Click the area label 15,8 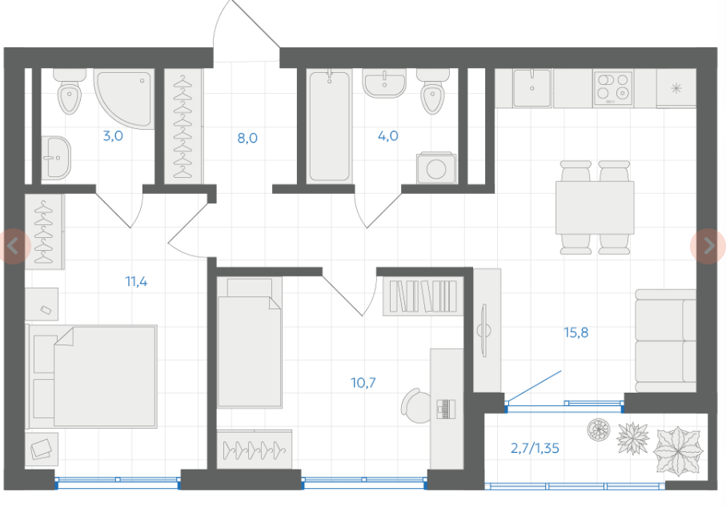click(576, 333)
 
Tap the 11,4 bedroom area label click(137, 281)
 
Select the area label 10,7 click(363, 383)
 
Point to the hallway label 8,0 click(247, 138)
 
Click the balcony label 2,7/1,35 click(535, 448)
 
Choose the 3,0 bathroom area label click(113, 135)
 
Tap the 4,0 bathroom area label click(388, 135)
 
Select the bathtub click(330, 125)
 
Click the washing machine click(436, 167)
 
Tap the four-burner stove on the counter click(613, 88)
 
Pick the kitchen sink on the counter click(532, 87)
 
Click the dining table click(595, 208)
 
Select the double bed click(93, 377)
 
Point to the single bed click(250, 342)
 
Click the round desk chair click(416, 406)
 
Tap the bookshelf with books click(423, 296)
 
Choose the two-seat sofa click(665, 341)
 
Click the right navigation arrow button click(708, 246)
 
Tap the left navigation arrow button click(14, 246)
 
